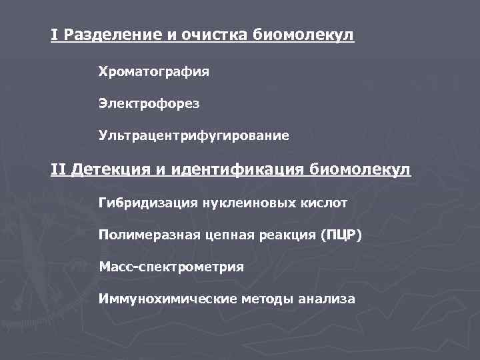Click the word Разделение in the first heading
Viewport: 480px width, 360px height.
(108, 34)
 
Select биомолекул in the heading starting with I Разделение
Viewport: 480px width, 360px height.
(304, 34)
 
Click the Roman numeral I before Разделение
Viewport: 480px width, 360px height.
(53, 34)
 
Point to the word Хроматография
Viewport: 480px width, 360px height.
(154, 71)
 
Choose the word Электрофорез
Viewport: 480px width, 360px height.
(149, 103)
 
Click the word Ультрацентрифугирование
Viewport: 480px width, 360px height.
(194, 136)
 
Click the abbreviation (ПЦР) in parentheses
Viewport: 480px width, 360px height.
(341, 234)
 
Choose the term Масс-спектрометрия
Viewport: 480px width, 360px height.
(171, 267)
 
